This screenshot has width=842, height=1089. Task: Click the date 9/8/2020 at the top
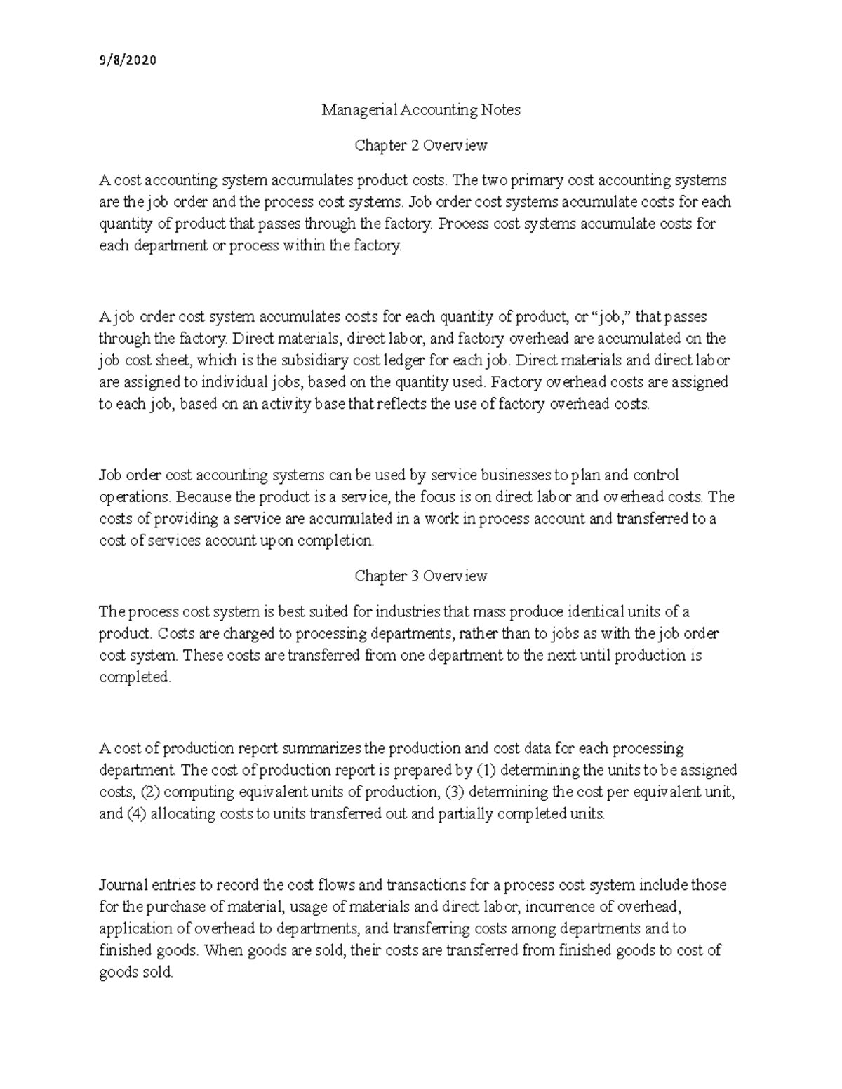127,60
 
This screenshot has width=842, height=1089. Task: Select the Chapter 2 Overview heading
420,145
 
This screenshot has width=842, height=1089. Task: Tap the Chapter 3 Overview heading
420,576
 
